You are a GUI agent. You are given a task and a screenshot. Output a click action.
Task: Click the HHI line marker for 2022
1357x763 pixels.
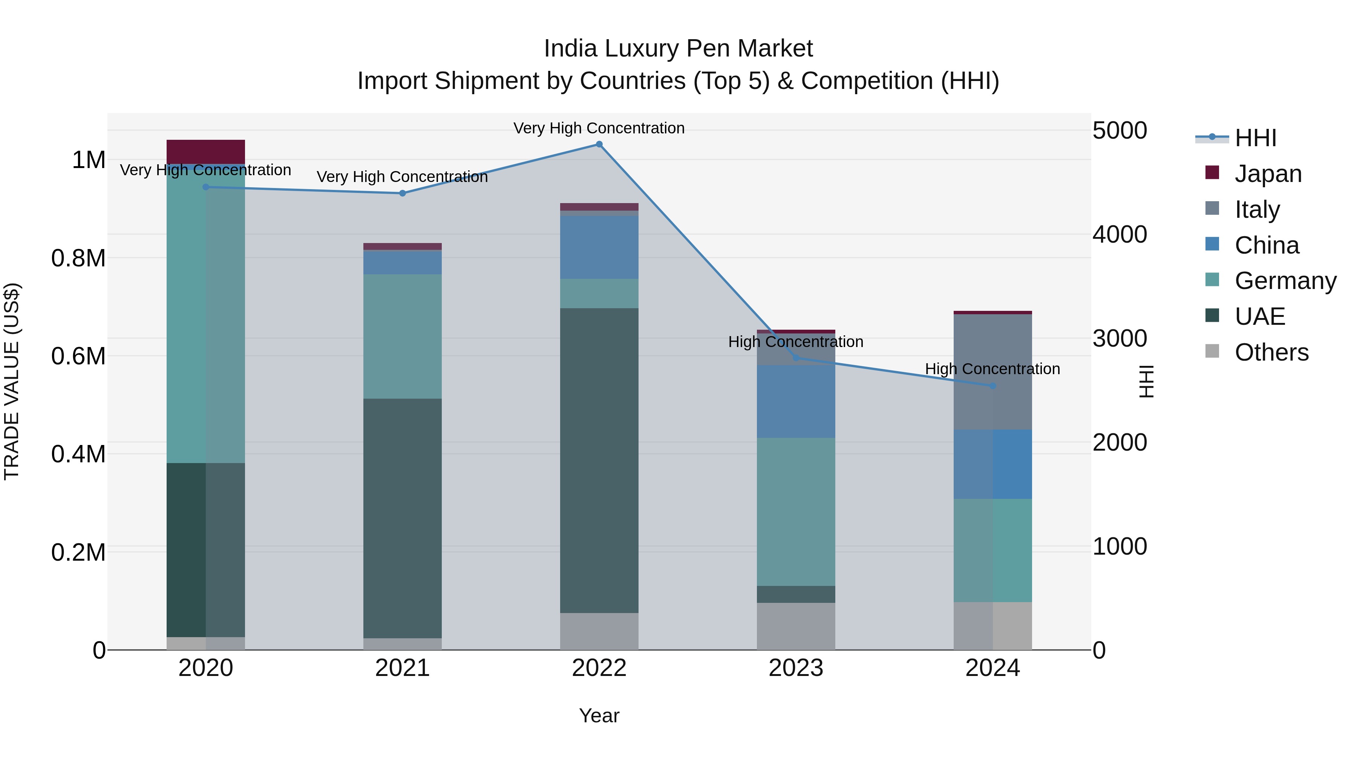[599, 144]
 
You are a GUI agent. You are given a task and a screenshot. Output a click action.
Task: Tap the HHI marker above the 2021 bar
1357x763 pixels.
[403, 193]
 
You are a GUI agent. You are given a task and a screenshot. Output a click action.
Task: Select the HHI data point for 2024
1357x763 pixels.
[992, 386]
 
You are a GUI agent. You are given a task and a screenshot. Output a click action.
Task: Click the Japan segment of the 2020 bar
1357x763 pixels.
[205, 151]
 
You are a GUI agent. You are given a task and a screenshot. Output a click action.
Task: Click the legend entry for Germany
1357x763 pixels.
[1285, 281]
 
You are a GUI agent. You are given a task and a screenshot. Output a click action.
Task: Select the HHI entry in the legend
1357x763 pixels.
[1255, 138]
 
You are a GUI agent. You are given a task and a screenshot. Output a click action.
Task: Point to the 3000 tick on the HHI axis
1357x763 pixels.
[1120, 339]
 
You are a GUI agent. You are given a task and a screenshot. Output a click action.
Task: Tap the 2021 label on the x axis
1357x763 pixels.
[403, 668]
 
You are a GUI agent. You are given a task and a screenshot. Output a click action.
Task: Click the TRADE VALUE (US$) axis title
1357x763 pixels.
[12, 381]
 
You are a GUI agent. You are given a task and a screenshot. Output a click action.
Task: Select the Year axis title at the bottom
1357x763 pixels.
[599, 716]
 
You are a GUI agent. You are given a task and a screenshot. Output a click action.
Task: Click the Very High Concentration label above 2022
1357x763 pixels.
[599, 128]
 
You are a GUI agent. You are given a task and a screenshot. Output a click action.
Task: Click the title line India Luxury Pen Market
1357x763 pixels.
[678, 49]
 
